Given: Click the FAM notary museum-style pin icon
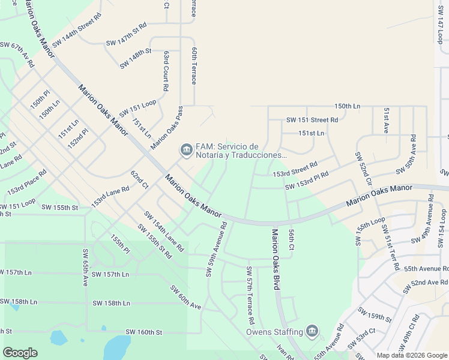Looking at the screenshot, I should tap(186, 149).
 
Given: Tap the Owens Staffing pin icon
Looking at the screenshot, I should tap(312, 331).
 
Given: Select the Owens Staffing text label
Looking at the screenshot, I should tap(274, 332).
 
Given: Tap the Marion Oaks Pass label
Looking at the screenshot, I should tap(167, 128).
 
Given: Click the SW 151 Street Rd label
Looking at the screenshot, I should tap(312, 120).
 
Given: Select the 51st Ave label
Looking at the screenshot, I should tap(387, 121).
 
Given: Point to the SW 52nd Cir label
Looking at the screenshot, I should tap(364, 169).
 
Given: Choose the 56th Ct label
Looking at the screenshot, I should tap(291, 239).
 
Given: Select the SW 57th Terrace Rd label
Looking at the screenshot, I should tap(250, 294).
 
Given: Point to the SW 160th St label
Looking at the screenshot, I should tap(144, 332).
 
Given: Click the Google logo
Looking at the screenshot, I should tap(20, 353).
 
